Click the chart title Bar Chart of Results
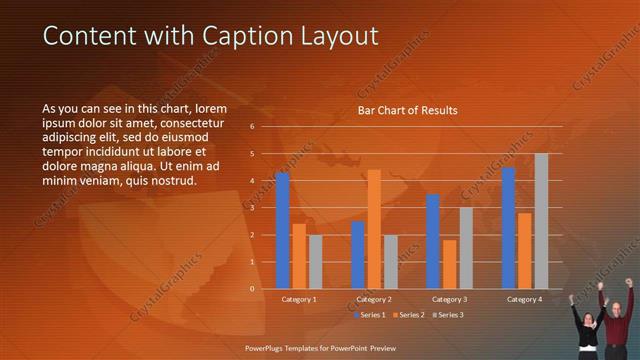[x=408, y=110]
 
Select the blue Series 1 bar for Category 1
[x=282, y=231]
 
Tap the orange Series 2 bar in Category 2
[x=374, y=229]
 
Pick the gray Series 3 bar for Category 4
[x=541, y=221]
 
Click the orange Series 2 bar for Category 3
[x=450, y=264]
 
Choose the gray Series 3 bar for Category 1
[x=315, y=262]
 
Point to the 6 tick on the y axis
[x=252, y=127]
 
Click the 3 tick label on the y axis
[x=252, y=208]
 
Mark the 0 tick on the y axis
[x=252, y=289]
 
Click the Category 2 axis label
[x=373, y=299]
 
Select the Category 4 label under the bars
[x=524, y=299]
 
